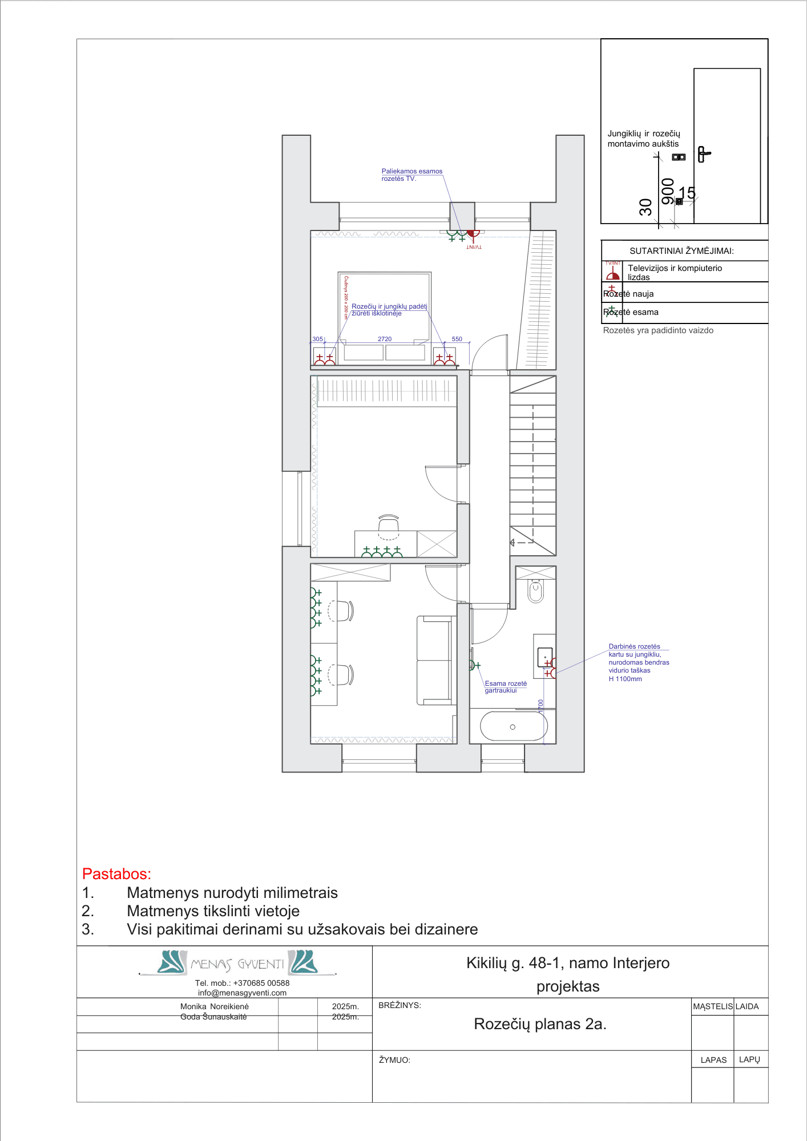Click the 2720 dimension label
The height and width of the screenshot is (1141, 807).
(x=385, y=339)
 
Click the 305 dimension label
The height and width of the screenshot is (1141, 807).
(x=317, y=339)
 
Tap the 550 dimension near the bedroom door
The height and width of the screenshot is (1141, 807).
(x=457, y=339)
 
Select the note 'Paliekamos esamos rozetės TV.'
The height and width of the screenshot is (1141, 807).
(x=411, y=175)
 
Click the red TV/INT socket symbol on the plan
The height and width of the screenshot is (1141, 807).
(x=473, y=233)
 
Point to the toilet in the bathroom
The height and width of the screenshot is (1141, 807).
(x=535, y=591)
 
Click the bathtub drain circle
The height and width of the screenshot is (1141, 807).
(x=513, y=727)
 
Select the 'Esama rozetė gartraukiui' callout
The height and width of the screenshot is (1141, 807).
(x=506, y=686)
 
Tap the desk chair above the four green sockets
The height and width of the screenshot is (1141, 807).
(x=389, y=525)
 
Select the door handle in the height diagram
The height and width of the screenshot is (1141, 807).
(x=703, y=154)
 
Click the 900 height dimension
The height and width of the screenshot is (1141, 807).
(x=667, y=191)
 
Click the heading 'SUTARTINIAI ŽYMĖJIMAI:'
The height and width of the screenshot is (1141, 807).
(x=681, y=251)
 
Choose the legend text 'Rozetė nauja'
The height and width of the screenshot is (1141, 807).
(x=628, y=294)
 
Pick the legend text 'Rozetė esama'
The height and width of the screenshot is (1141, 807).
(x=631, y=312)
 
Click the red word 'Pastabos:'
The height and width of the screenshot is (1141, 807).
(x=116, y=873)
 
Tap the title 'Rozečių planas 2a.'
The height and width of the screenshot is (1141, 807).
(x=540, y=1024)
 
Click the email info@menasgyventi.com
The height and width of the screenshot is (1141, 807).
(x=242, y=993)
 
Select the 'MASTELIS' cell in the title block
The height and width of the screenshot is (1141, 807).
(x=712, y=1006)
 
